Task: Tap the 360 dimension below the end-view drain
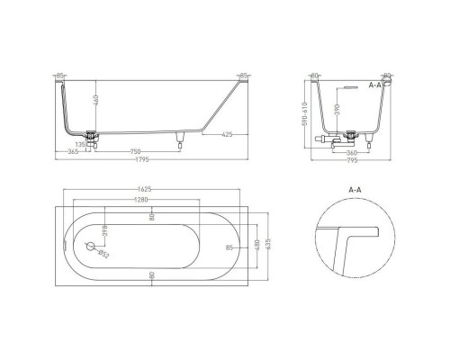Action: pyautogui.click(x=352, y=153)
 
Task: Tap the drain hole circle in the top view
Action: pyautogui.click(x=91, y=246)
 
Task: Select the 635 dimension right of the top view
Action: pyautogui.click(x=267, y=246)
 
